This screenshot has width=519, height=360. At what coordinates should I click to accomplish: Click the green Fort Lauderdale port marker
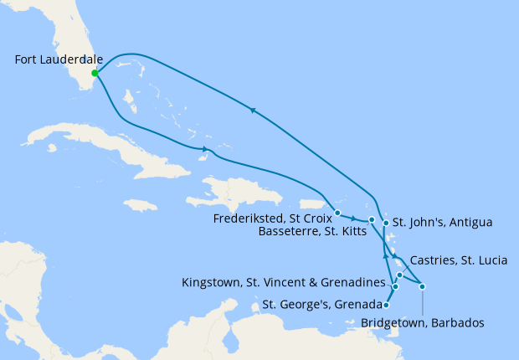click(95, 73)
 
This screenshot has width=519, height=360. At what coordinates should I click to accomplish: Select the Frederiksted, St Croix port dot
click(337, 212)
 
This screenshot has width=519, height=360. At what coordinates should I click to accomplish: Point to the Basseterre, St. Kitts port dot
click(372, 219)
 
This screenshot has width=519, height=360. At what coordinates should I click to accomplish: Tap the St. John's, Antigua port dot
click(385, 223)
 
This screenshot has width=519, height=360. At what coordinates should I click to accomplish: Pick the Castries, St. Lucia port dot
click(400, 275)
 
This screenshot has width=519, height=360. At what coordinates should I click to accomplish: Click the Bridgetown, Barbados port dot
click(423, 287)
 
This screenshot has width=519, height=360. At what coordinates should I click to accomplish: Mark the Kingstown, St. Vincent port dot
click(395, 287)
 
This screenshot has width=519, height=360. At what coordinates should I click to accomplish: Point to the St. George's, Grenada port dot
click(386, 305)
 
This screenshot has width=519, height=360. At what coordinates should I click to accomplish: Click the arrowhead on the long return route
click(251, 109)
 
